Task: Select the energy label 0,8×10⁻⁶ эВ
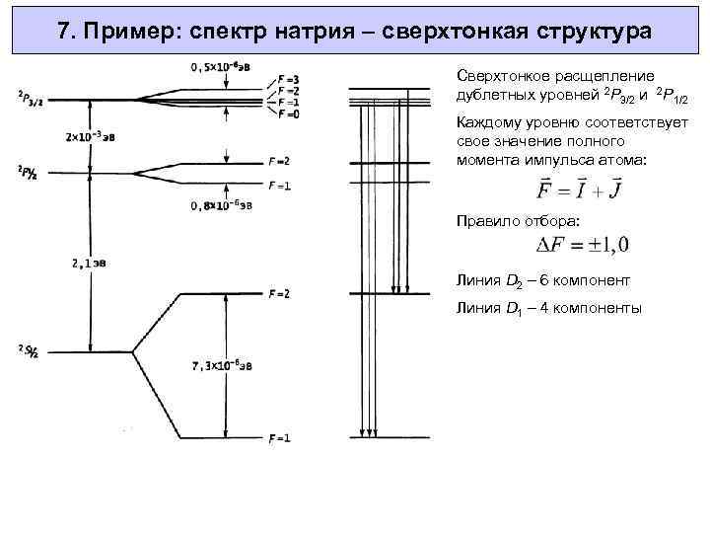tap(225, 206)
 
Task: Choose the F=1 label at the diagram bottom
tap(280, 437)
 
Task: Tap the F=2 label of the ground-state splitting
tap(280, 294)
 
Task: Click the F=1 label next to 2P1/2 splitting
tap(280, 185)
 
